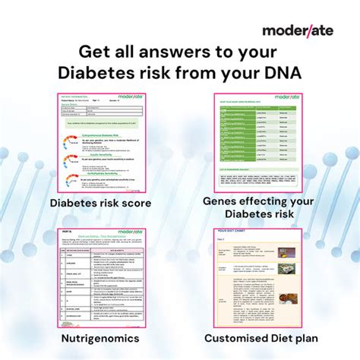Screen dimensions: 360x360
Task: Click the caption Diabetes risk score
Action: pyautogui.click(x=101, y=203)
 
